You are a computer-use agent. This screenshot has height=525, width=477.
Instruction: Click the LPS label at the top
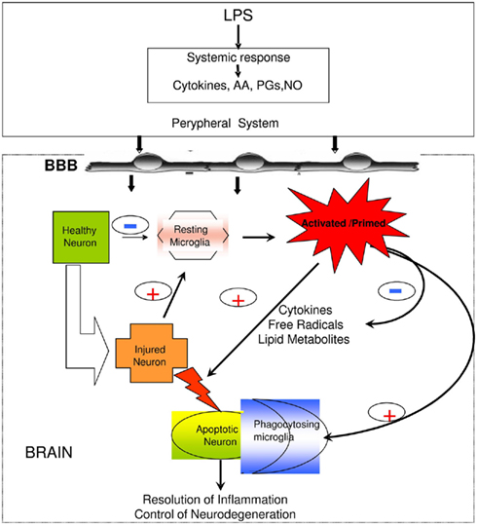tap(238, 16)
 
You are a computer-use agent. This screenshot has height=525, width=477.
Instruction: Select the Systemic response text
tap(238, 57)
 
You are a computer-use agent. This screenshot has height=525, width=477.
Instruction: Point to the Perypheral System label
tap(225, 123)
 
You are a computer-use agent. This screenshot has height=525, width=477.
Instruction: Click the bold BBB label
tap(61, 166)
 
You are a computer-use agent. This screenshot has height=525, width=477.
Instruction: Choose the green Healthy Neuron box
tap(81, 237)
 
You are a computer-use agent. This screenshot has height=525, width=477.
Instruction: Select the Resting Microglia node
tap(193, 236)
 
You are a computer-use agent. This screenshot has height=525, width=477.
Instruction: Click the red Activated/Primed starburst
tap(344, 224)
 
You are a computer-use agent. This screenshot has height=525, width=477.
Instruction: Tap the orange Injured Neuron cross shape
tap(151, 353)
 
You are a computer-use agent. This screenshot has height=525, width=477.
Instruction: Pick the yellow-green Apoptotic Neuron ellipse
tap(208, 435)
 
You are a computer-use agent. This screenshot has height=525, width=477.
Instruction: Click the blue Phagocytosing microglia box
tap(280, 436)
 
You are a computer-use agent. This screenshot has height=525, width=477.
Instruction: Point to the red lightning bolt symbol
tap(198, 390)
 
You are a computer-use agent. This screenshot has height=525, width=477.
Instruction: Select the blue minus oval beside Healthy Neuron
tap(130, 226)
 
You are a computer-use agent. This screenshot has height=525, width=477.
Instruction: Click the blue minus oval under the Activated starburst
tap(396, 291)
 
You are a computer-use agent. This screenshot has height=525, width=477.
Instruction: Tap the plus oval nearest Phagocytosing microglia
tap(386, 413)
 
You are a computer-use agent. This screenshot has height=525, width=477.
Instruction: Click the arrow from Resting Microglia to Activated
tap(259, 238)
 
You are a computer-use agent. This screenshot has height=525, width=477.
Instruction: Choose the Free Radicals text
tap(306, 324)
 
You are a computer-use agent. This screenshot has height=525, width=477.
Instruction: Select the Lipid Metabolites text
tap(304, 340)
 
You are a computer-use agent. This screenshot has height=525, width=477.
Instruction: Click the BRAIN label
tap(49, 453)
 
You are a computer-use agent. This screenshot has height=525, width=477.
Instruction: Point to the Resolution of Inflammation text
tap(215, 500)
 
